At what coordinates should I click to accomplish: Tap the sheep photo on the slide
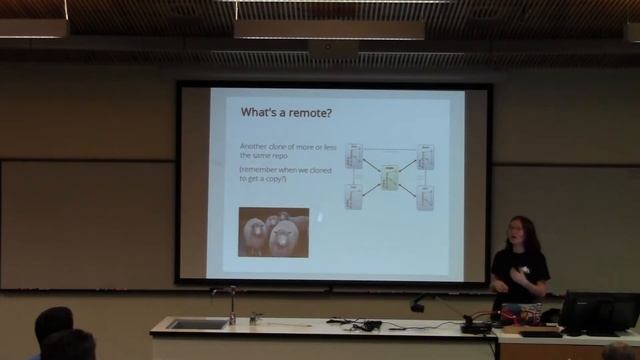pyautogui.click(x=273, y=232)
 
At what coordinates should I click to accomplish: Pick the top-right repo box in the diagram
pyautogui.click(x=425, y=155)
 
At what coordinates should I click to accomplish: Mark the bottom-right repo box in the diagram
pyautogui.click(x=425, y=197)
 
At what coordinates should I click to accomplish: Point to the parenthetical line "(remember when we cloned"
pyautogui.click(x=276, y=169)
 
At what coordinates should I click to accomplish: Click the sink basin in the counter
pyautogui.click(x=197, y=323)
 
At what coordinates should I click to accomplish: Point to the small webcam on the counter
pyautogui.click(x=417, y=305)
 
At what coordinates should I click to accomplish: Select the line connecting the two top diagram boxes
pyautogui.click(x=390, y=149)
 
